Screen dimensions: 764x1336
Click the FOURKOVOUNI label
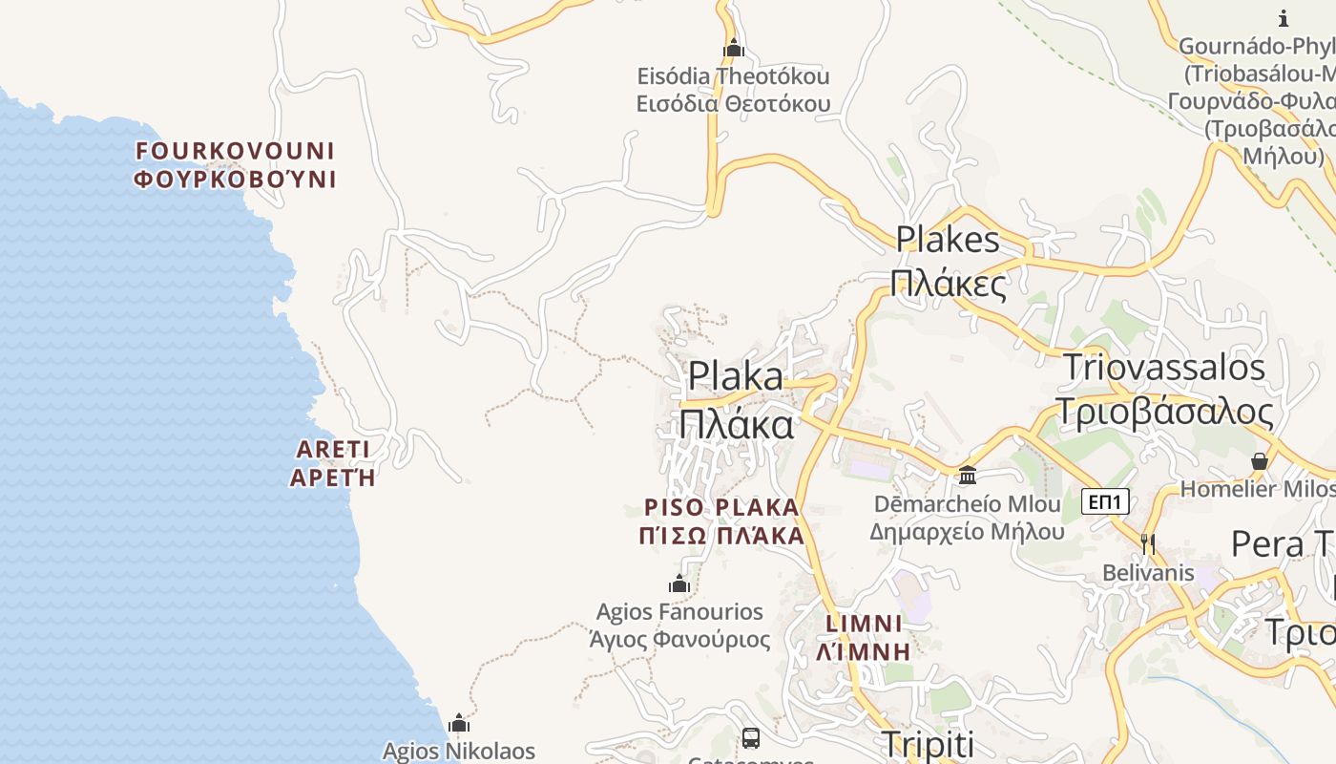[235, 164]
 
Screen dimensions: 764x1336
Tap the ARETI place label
[333, 463]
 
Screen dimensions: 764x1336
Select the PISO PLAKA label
[721, 521]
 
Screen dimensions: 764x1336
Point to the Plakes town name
[948, 261]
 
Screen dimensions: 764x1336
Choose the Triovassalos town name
[1164, 389]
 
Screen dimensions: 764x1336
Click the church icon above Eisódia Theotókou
[733, 47]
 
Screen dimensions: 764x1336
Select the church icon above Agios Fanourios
[679, 583]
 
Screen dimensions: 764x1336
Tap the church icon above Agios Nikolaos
[459, 723]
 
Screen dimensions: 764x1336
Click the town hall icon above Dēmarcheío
[968, 475]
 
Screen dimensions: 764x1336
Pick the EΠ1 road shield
[1105, 501]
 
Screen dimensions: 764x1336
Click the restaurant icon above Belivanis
[1148, 543]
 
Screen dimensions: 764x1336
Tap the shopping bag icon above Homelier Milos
[1260, 461]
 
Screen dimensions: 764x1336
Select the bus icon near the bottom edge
[751, 737]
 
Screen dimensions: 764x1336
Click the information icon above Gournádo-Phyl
[1284, 18]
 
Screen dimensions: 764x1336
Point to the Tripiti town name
[927, 745]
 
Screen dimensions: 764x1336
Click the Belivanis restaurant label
[1148, 573]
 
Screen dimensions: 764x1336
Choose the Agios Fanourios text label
[679, 625]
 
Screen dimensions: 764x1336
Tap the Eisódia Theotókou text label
[733, 89]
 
